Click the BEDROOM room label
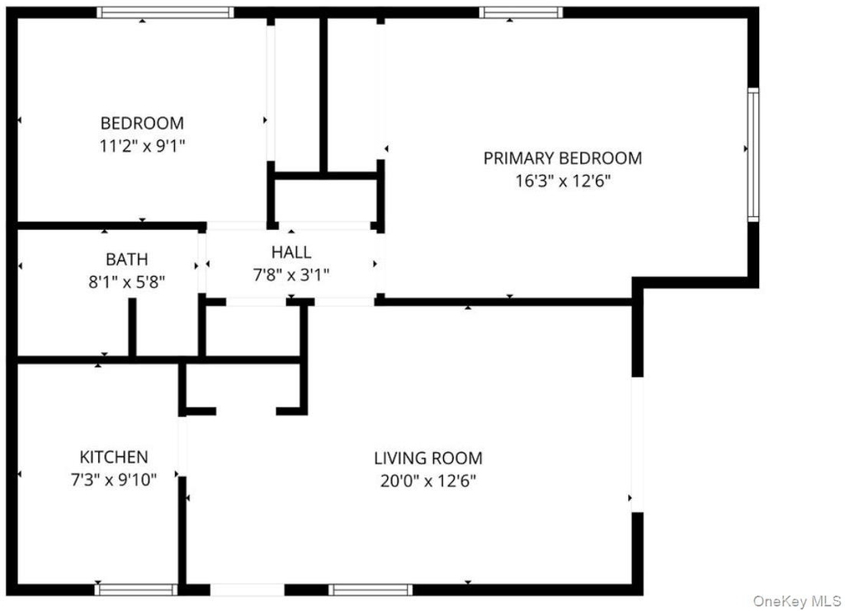[x=142, y=123]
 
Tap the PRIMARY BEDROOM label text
[x=563, y=158]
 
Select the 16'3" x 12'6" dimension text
[x=563, y=181]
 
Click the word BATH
[x=126, y=260]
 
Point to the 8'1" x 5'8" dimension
[x=126, y=281]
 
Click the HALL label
[x=291, y=252]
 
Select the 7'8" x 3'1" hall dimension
[x=291, y=275]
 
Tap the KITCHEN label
[x=114, y=457]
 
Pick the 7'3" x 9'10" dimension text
[x=114, y=479]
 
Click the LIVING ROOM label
[x=428, y=458]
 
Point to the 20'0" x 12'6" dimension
[x=428, y=480]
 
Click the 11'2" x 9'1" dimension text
[x=142, y=146]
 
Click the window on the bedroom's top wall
[x=165, y=12]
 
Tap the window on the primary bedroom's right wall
[x=753, y=154]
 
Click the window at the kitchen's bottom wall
[x=136, y=590]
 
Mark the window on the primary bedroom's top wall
[x=522, y=12]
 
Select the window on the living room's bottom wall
[x=371, y=590]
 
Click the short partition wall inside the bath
[x=132, y=327]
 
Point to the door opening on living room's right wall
[x=638, y=444]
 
